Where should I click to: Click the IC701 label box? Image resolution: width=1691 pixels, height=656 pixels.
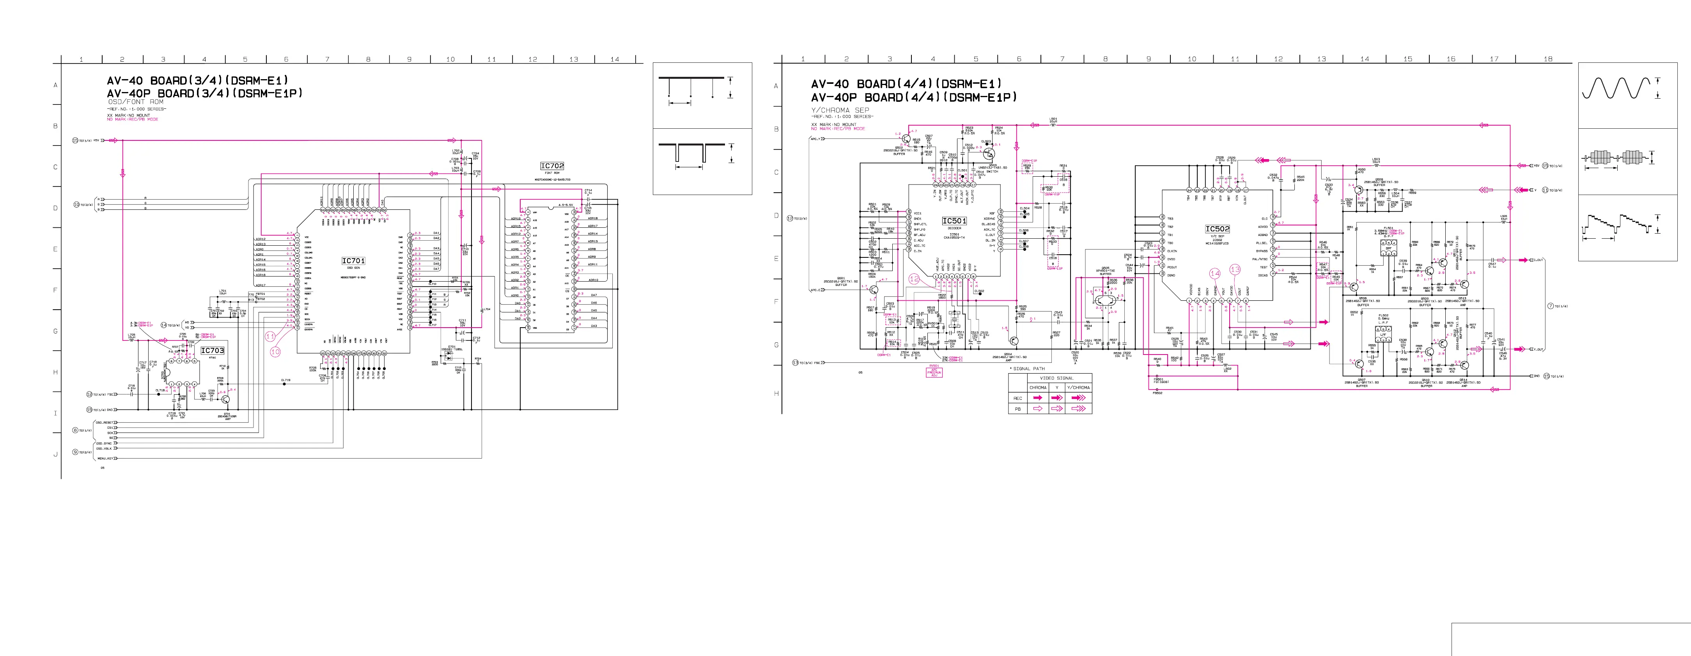353,261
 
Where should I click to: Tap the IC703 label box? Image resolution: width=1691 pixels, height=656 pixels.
212,351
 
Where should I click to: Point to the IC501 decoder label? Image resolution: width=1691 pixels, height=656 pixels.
954,221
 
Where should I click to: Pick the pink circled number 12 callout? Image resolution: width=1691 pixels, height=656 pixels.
915,279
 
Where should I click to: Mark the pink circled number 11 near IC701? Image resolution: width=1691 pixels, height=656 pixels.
270,336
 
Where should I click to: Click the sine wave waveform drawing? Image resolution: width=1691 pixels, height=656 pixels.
1615,89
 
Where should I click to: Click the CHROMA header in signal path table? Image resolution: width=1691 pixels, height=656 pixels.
1038,387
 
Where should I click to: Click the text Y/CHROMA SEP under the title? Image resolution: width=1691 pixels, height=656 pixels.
840,110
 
